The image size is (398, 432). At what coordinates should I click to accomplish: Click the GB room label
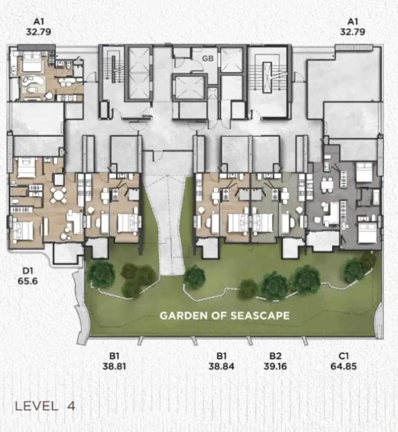[x=208, y=58]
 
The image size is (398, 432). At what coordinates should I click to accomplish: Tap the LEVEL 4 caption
[x=45, y=406]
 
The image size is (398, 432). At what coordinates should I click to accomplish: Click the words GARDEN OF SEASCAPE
[x=225, y=316]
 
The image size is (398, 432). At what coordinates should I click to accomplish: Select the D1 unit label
[x=27, y=271]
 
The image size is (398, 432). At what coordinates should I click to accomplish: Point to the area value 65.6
[x=28, y=281]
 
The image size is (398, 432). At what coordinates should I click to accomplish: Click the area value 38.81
[x=114, y=366]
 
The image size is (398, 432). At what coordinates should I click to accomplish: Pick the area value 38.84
[x=222, y=366]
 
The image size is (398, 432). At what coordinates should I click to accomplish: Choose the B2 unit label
[x=275, y=356]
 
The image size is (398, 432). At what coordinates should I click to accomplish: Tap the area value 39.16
[x=275, y=366]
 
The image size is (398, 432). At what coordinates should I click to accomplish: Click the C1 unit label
[x=343, y=356]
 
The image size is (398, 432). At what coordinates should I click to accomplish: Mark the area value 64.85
[x=344, y=366]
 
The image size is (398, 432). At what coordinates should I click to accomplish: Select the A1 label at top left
[x=39, y=22]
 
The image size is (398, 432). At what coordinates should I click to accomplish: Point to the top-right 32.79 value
[x=353, y=32]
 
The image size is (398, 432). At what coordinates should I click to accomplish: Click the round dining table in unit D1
[x=58, y=196]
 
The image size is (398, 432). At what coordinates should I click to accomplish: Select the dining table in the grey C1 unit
[x=327, y=185]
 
